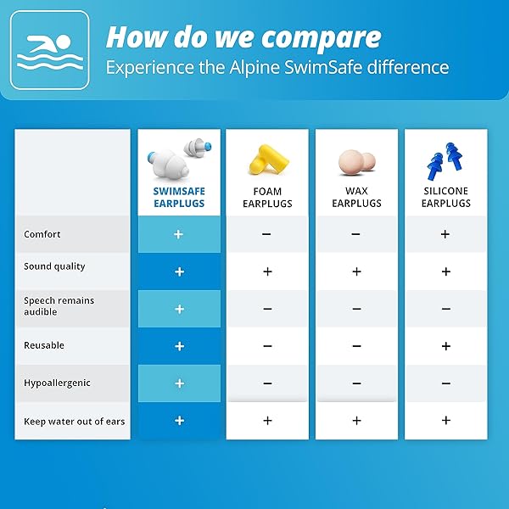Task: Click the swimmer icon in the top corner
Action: click(x=48, y=50)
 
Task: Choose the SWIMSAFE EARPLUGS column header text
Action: click(x=179, y=198)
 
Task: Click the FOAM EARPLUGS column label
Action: click(x=267, y=198)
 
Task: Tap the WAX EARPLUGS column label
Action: click(x=356, y=198)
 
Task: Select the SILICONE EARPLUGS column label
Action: click(x=445, y=198)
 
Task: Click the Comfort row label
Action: click(x=42, y=234)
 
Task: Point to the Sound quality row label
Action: click(x=54, y=266)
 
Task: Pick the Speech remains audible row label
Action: click(x=59, y=306)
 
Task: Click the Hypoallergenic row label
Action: click(x=57, y=383)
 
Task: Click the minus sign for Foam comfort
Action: click(x=267, y=234)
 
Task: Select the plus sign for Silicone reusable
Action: click(x=445, y=346)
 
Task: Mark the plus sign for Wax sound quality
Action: click(x=356, y=271)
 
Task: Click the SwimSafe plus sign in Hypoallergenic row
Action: click(x=179, y=383)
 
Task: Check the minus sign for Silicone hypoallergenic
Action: click(x=445, y=383)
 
